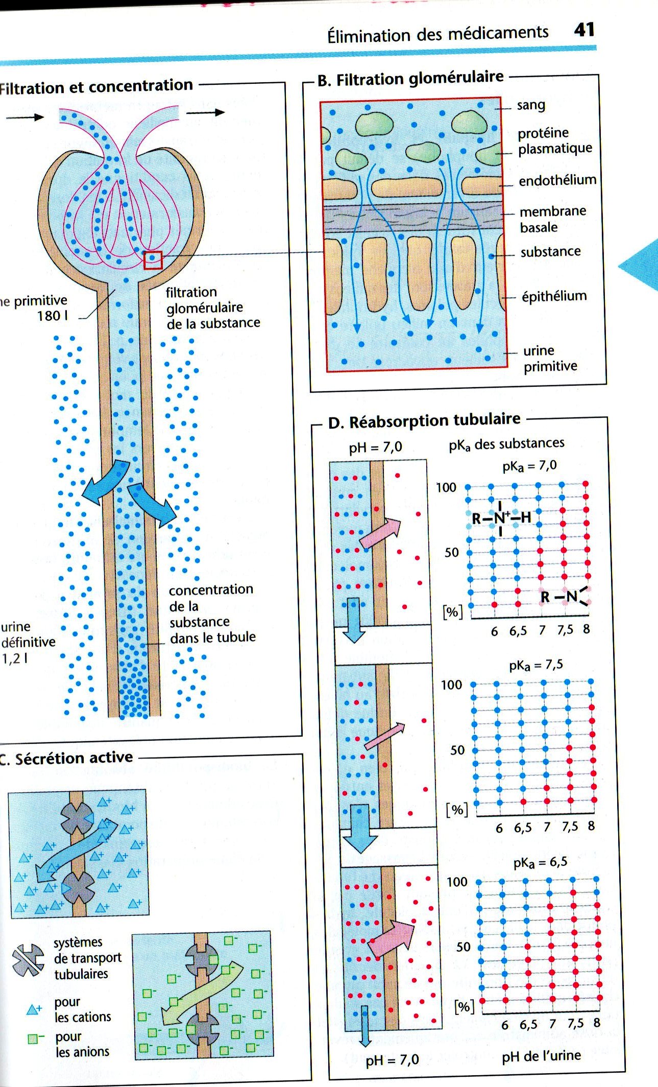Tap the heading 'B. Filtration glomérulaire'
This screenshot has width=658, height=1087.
410,79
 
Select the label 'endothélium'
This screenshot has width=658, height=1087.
557,180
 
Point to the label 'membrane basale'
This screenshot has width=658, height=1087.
552,219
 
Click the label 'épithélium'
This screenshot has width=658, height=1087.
554,296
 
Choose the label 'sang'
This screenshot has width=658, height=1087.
531,105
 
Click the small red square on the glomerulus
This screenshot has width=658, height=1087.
153,260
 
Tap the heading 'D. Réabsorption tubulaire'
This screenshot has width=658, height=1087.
424,421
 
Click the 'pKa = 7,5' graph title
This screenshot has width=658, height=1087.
535,665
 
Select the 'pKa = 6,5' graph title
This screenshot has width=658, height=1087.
540,862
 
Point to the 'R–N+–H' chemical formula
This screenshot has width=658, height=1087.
500,518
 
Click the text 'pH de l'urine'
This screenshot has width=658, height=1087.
541,1056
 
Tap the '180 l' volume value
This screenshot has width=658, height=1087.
52,316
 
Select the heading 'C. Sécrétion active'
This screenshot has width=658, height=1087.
69,758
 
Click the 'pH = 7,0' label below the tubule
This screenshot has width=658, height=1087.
392,1060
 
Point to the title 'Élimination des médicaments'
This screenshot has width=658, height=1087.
437,34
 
